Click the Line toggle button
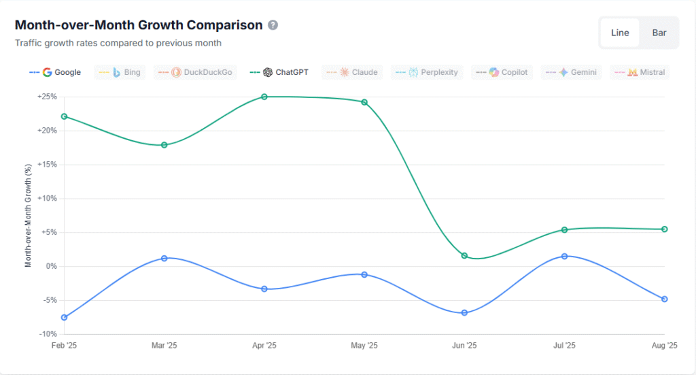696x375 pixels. pyautogui.click(x=619, y=33)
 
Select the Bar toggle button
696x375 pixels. pyautogui.click(x=659, y=33)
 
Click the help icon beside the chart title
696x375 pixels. pyautogui.click(x=273, y=25)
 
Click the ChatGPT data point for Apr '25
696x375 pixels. pyautogui.click(x=264, y=97)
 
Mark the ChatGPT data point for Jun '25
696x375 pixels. pyautogui.click(x=464, y=256)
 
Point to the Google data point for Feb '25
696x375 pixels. pyautogui.click(x=64, y=318)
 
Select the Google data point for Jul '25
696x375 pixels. pyautogui.click(x=564, y=256)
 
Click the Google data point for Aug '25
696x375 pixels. pyautogui.click(x=664, y=299)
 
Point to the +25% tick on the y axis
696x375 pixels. pyautogui.click(x=47, y=97)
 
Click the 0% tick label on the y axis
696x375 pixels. pyautogui.click(x=52, y=266)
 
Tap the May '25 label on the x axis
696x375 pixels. pyautogui.click(x=364, y=346)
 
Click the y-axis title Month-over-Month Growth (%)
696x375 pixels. pyautogui.click(x=29, y=215)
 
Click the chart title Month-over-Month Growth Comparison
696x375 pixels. pyautogui.click(x=139, y=25)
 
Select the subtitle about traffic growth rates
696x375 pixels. pyautogui.click(x=118, y=43)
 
